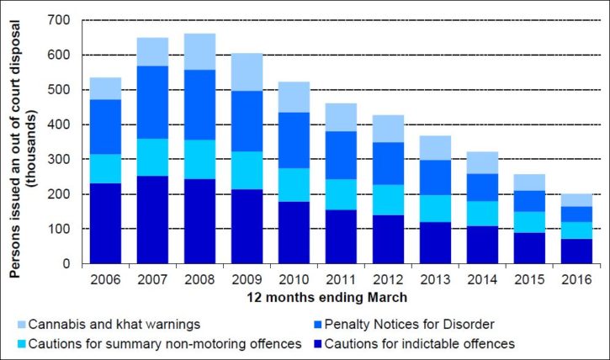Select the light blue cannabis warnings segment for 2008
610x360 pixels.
200,51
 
